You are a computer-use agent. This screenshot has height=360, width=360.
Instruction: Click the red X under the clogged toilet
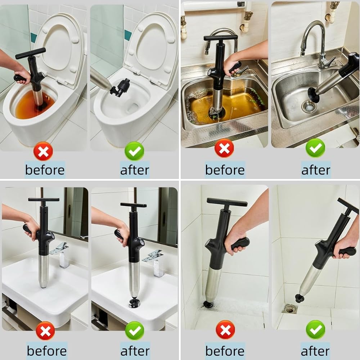(x=43, y=151)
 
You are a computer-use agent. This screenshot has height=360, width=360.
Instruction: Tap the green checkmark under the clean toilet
(x=134, y=151)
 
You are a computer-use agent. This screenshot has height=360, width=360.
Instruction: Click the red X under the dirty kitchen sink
(x=224, y=148)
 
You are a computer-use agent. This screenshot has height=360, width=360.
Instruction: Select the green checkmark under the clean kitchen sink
(x=315, y=148)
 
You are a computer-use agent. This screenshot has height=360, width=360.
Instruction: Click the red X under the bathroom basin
(x=45, y=330)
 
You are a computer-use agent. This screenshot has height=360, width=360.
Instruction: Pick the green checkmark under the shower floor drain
(x=315, y=330)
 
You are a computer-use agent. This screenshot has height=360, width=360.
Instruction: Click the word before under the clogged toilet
(x=45, y=170)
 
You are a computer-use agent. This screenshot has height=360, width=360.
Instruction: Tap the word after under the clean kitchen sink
(x=316, y=170)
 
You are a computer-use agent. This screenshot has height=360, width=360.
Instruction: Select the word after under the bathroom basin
(x=135, y=351)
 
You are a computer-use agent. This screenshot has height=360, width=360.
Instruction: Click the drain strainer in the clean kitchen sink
(x=309, y=106)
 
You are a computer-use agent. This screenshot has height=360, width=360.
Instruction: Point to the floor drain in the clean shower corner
(x=289, y=309)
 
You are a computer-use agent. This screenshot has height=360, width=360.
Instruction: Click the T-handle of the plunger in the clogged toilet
(x=30, y=53)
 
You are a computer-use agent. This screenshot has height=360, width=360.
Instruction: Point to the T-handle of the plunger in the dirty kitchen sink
(x=221, y=38)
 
